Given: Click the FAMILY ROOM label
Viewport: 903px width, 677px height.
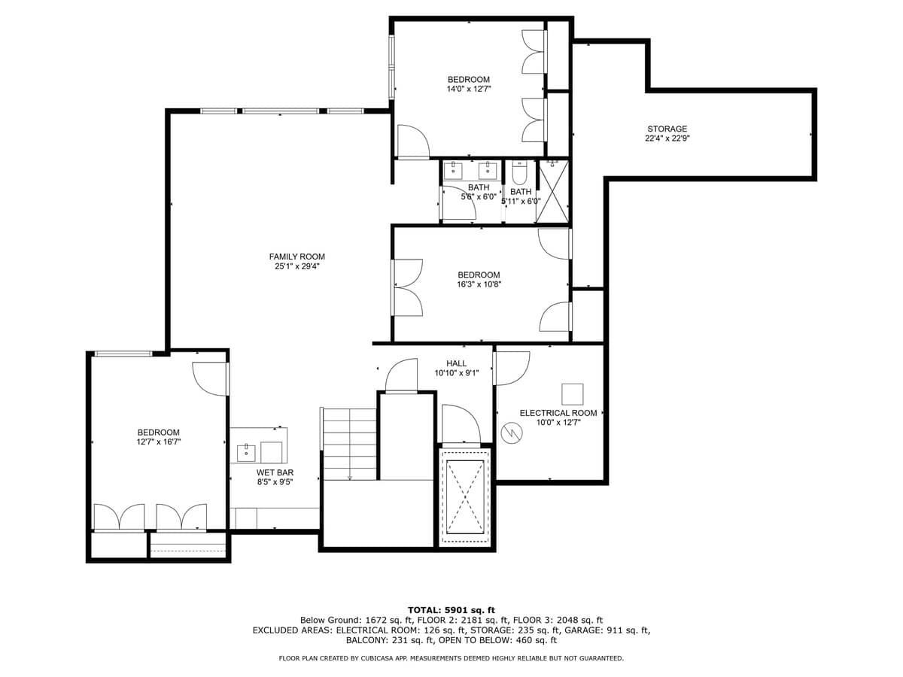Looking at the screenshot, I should point(297,257).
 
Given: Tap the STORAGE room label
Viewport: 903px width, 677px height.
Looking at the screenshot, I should point(667,129).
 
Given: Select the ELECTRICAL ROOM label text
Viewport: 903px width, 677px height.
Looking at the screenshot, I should point(558,413).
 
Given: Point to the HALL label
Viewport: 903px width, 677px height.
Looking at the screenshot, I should point(456,363).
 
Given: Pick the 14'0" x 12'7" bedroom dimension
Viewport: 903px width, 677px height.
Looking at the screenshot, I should point(468,89).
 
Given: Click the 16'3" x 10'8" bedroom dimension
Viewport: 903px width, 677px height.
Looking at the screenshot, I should point(479,284).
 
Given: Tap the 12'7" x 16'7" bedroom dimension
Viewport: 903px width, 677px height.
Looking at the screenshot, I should point(158,442).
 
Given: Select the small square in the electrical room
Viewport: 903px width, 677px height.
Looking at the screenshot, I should point(573,394).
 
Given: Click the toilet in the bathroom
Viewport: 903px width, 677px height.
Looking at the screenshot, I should point(519,173).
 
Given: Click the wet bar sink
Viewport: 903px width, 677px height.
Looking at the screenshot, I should point(246,453).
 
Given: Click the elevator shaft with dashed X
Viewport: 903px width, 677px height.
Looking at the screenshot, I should point(465,496).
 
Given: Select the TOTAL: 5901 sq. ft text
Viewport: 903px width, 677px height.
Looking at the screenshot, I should point(451,609).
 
